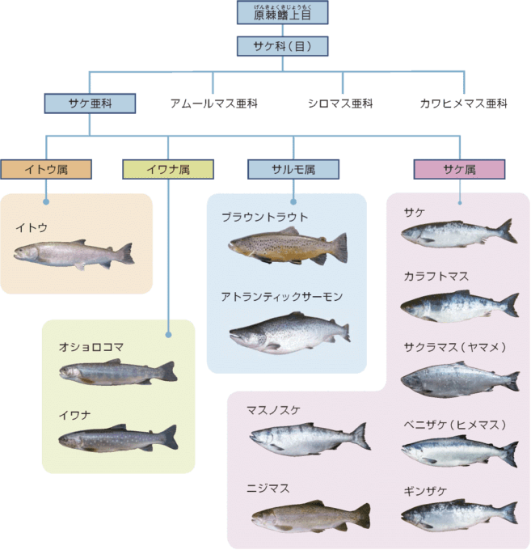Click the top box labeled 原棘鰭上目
tap(283, 13)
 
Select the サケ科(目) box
tap(283, 46)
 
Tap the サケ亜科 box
tap(90, 103)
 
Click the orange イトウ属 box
tap(46, 169)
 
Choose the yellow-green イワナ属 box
tap(168, 169)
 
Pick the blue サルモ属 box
tap(293, 169)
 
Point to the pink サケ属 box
tap(459, 169)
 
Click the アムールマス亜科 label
tap(213, 104)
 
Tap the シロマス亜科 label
tap(340, 104)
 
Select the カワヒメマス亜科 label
tap(463, 104)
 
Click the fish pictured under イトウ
tap(74, 254)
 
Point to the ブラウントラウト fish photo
tap(288, 246)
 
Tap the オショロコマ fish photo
tap(117, 373)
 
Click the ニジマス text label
tap(269, 489)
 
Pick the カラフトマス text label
tap(436, 277)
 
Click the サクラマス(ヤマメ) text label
tap(455, 348)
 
